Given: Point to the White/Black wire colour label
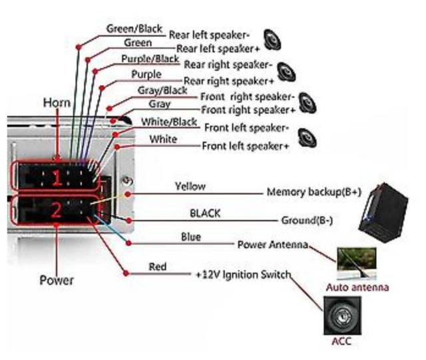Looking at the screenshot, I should (x=169, y=122).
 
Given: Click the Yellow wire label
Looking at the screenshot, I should (x=190, y=186).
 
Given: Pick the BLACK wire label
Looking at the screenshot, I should (x=205, y=214).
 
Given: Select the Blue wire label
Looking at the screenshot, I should (x=190, y=237).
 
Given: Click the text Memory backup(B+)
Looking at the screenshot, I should (x=314, y=192).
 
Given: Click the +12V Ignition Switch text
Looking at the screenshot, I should (x=243, y=273).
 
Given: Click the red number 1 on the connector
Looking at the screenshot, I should (x=57, y=178).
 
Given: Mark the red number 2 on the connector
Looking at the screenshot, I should (x=57, y=210).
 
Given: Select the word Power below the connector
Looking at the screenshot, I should (x=57, y=280).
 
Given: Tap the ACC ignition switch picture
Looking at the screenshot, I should (x=343, y=315).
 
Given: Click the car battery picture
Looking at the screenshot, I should (x=386, y=210).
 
